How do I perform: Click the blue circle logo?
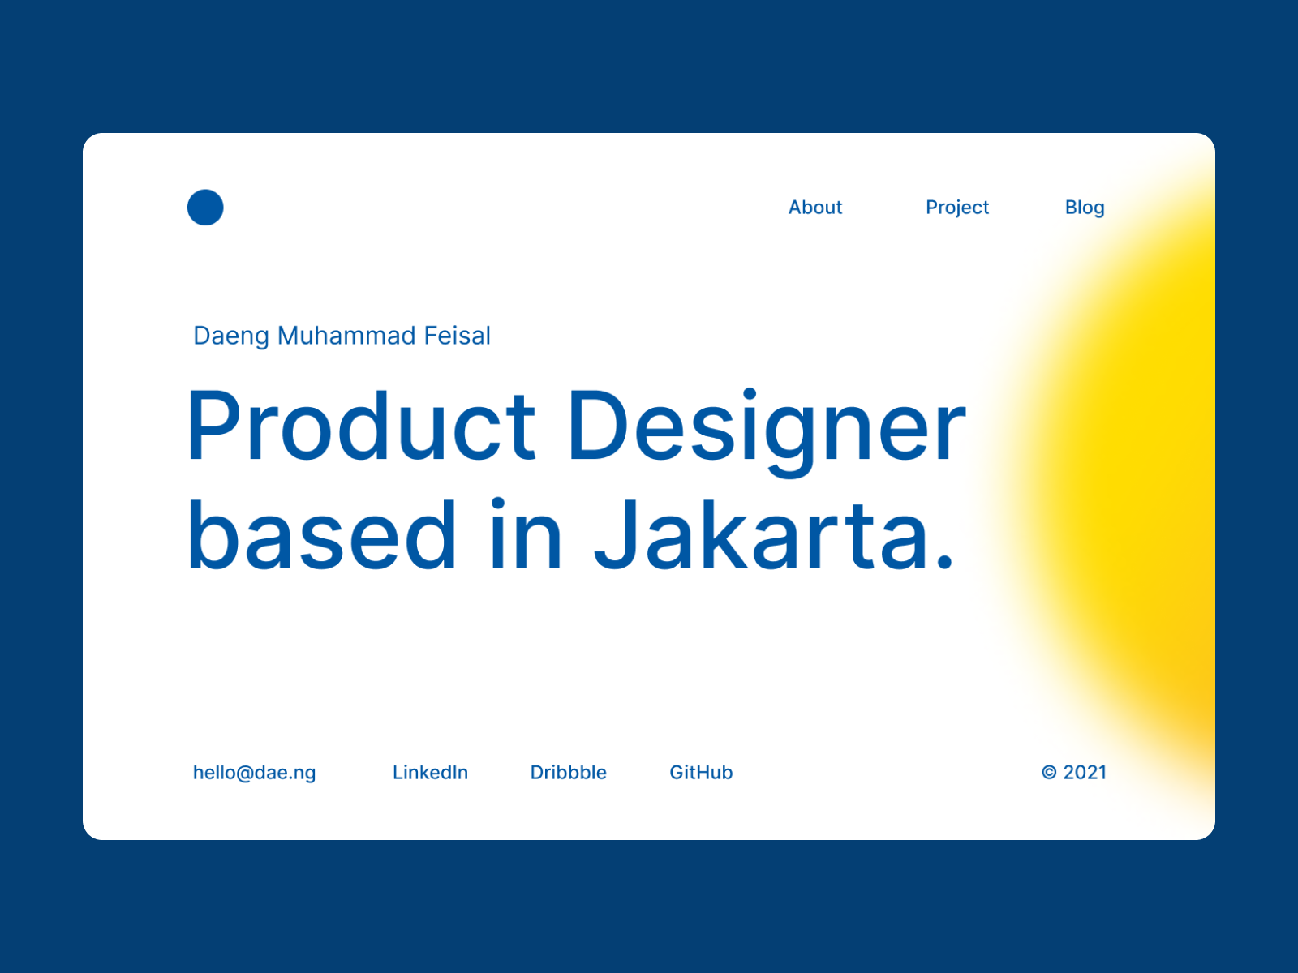coord(205,208)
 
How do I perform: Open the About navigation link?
coord(814,208)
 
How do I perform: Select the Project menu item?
coord(956,208)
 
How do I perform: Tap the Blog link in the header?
coord(1085,208)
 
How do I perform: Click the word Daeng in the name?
coord(231,336)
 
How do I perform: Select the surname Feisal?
coord(457,336)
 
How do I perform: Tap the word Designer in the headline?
coord(767,432)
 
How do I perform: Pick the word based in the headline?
coord(322,534)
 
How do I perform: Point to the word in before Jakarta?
coord(526,534)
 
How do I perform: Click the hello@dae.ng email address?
coord(254,773)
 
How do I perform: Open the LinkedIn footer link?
coord(430,772)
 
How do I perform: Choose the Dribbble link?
coord(569,772)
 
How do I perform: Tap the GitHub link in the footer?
coord(701,772)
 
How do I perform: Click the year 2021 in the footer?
coord(1085,772)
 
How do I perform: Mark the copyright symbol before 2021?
coord(1049,772)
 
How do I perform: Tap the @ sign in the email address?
coord(245,774)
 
